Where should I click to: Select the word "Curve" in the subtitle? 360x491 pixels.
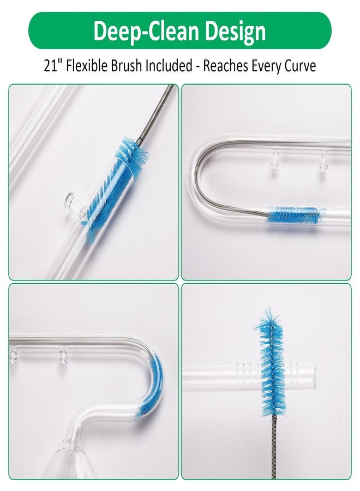(300, 65)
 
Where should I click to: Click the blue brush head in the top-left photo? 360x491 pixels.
(116, 182)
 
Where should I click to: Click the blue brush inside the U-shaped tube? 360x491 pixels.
(293, 214)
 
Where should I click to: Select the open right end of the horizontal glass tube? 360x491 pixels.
(312, 375)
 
